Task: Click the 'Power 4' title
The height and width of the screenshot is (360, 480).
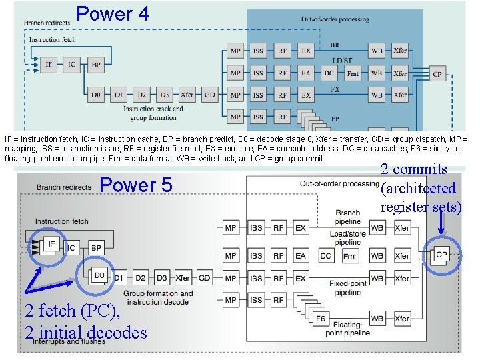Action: (113, 13)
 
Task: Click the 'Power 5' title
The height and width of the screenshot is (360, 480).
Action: (135, 185)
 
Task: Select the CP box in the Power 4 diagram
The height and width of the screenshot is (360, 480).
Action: (437, 74)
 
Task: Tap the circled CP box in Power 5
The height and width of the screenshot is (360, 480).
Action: (441, 254)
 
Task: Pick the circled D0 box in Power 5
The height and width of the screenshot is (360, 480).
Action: (99, 276)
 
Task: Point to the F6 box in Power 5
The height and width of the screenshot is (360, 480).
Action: (321, 319)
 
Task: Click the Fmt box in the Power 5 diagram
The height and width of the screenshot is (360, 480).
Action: (349, 256)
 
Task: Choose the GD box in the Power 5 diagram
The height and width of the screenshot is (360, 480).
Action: (204, 278)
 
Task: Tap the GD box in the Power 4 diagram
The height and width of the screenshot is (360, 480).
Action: (209, 95)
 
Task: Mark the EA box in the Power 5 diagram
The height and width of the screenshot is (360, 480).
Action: (301, 256)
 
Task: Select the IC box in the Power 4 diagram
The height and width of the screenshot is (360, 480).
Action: (71, 64)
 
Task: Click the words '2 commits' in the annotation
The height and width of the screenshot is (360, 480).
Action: (413, 169)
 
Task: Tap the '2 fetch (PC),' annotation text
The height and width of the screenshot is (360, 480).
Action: (72, 311)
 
